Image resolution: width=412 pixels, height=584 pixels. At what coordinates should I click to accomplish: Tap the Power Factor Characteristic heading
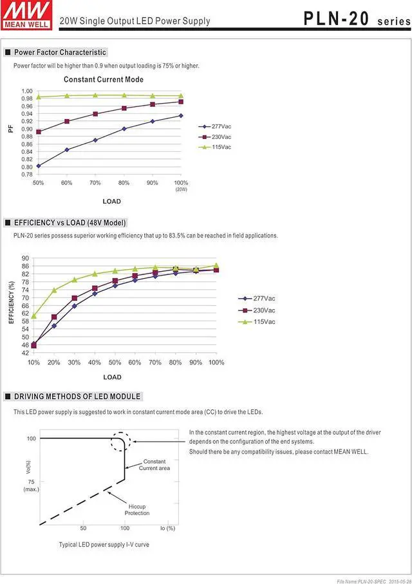(60, 52)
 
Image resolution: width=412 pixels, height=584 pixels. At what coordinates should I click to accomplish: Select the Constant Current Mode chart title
(104, 80)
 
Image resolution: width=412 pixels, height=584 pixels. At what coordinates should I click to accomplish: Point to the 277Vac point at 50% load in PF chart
(39, 165)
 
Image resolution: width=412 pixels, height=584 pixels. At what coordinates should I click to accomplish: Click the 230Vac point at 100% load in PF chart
(181, 102)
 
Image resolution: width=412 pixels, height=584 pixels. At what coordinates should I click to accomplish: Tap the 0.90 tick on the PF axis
(26, 129)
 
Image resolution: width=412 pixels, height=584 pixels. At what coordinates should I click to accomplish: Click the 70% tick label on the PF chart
(95, 183)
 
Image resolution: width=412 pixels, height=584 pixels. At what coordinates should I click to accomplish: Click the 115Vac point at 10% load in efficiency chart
(33, 316)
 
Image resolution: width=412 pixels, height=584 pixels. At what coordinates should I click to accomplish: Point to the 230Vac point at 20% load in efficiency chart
(54, 317)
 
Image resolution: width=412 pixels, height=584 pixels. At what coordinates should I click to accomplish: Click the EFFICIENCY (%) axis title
(12, 302)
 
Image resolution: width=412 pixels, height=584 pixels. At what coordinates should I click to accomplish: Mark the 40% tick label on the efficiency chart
(95, 363)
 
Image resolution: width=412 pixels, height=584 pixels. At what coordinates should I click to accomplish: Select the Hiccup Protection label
(137, 510)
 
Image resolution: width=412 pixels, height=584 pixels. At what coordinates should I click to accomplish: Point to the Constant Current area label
(154, 465)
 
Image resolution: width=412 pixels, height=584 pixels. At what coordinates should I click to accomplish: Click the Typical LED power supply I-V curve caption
(104, 545)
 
